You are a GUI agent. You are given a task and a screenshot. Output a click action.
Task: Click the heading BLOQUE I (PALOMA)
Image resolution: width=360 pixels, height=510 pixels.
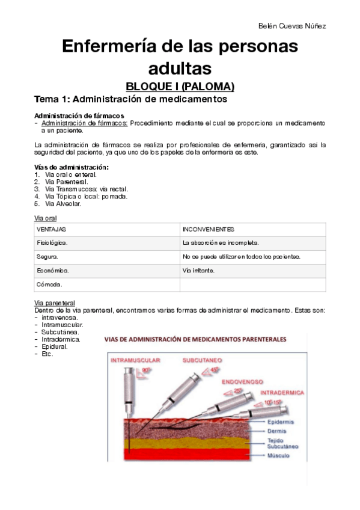pyautogui.click(x=180, y=86)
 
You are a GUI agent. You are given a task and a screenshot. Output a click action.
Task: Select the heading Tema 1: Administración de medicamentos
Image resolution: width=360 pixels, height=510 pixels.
pyautogui.click(x=130, y=99)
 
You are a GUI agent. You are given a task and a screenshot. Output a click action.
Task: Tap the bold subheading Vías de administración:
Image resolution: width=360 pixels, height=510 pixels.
pyautogui.click(x=72, y=167)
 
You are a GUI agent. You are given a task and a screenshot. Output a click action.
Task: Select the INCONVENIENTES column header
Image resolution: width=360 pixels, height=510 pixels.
pyautogui.click(x=209, y=230)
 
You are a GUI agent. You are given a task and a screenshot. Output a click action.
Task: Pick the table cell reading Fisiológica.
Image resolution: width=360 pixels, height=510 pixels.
pyautogui.click(x=52, y=243)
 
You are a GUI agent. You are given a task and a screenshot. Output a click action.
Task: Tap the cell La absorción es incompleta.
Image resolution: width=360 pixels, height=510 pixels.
pyautogui.click(x=221, y=243)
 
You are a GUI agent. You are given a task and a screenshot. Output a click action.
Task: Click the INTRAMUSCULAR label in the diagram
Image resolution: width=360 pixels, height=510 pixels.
pyautogui.click(x=135, y=360)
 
